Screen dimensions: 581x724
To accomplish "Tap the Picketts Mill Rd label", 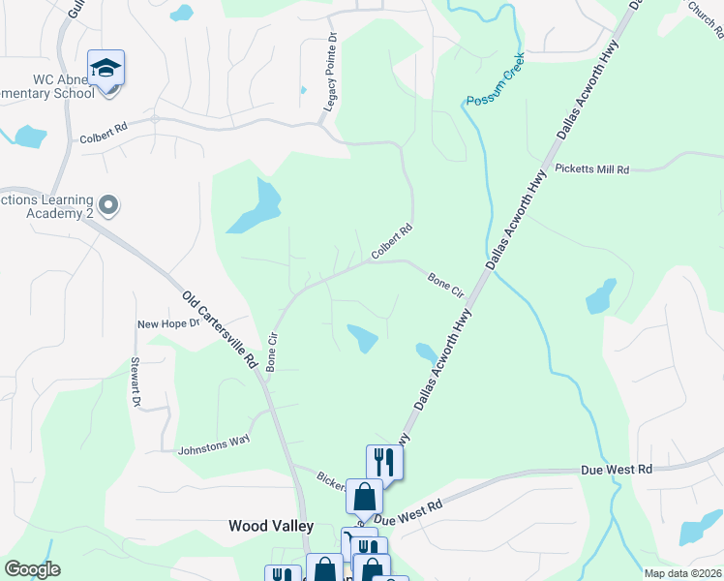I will (592, 168).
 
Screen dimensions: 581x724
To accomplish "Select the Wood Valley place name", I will (271, 526).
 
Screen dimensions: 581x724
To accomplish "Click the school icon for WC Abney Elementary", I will (106, 69).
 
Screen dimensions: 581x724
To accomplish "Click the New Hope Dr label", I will (167, 324).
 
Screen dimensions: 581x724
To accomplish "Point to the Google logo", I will (33, 569).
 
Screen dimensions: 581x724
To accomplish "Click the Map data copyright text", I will (683, 573).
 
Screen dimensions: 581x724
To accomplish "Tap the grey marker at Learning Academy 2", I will (108, 205).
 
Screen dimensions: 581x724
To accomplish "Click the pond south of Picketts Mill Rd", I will (601, 296).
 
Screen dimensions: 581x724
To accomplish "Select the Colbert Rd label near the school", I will (105, 127).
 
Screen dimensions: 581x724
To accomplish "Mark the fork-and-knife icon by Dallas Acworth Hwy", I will (384, 461).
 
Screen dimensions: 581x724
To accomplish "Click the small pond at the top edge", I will (181, 13).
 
